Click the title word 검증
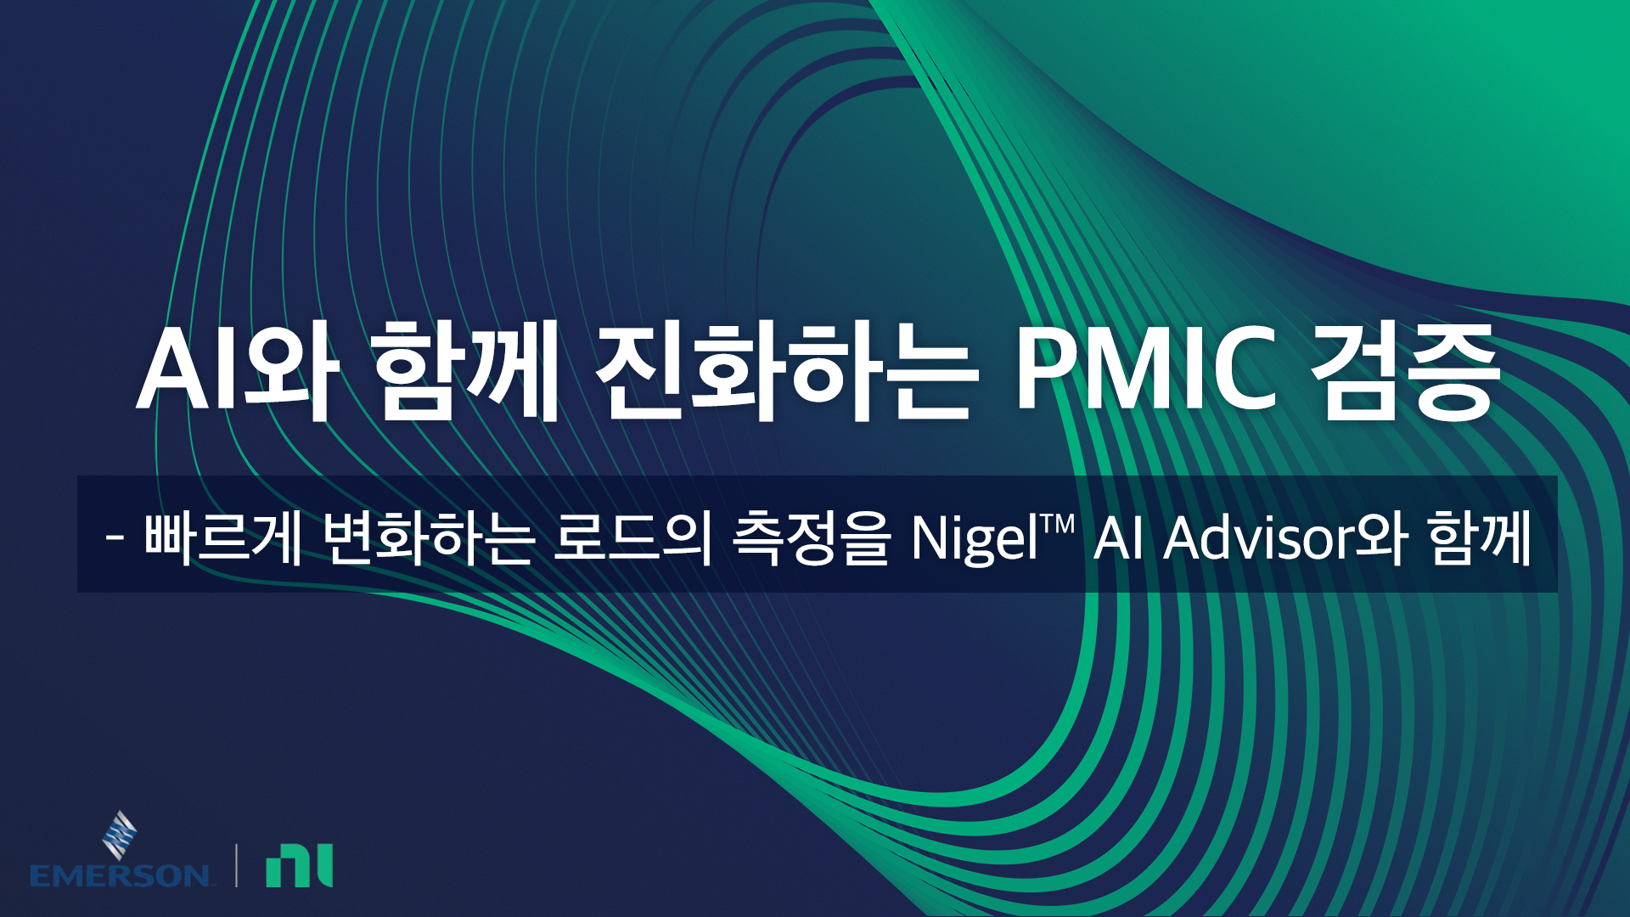(x=1402, y=372)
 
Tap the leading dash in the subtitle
(x=116, y=538)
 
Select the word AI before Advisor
(x=1119, y=538)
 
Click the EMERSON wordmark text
(x=120, y=875)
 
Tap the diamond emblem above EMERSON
(x=120, y=835)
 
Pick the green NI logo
(x=300, y=865)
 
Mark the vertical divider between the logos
(x=236, y=865)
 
